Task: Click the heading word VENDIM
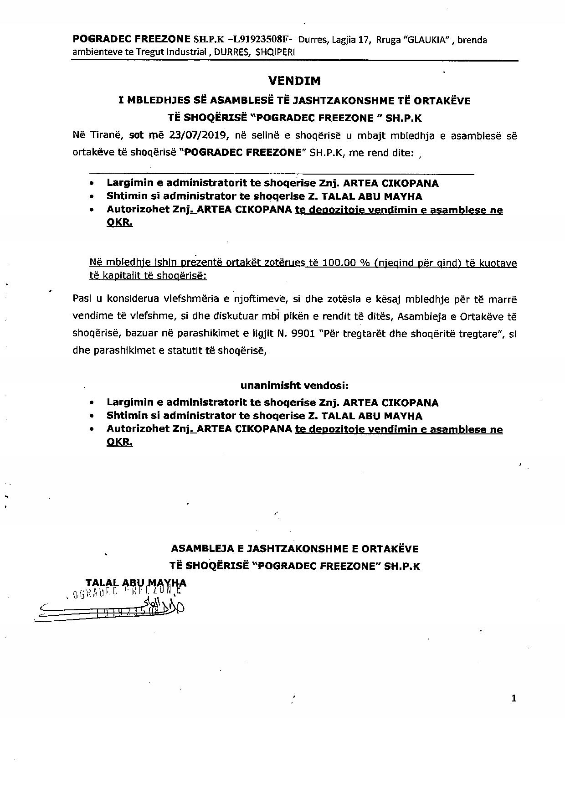click(294, 81)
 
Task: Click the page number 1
click(514, 698)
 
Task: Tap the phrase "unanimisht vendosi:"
click(294, 385)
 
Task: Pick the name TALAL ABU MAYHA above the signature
click(136, 582)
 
